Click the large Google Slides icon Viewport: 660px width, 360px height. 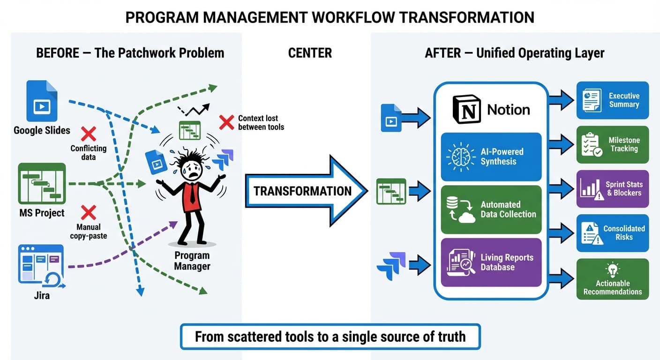coord(42,101)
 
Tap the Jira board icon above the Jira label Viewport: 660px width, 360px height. coord(41,264)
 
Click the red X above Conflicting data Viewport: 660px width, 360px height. coord(88,134)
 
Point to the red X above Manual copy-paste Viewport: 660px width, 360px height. coord(88,212)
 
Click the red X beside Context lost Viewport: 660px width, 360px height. coord(226,122)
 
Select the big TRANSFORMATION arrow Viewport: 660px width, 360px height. coord(305,191)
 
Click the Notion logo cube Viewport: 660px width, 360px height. coord(466,110)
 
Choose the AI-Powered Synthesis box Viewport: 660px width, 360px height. coord(491,157)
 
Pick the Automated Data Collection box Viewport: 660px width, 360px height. coord(491,210)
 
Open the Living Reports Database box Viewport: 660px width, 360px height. coord(491,262)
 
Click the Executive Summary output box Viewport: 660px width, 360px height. coord(612,100)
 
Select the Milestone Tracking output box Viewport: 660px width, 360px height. coord(612,144)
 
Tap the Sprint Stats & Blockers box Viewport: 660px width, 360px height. coord(612,188)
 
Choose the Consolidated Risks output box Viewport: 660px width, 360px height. coord(612,233)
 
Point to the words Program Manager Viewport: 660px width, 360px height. coord(192,261)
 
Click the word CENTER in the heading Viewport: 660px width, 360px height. coord(310,53)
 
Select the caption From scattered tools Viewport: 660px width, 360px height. coord(330,336)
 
